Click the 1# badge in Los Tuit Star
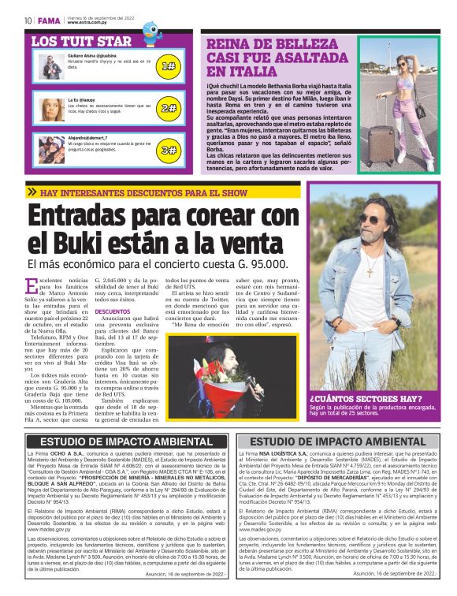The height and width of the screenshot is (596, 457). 169,67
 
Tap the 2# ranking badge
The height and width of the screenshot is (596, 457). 169,108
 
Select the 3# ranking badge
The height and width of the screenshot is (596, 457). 169,149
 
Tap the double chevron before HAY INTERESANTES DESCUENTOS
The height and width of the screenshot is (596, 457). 32,192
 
